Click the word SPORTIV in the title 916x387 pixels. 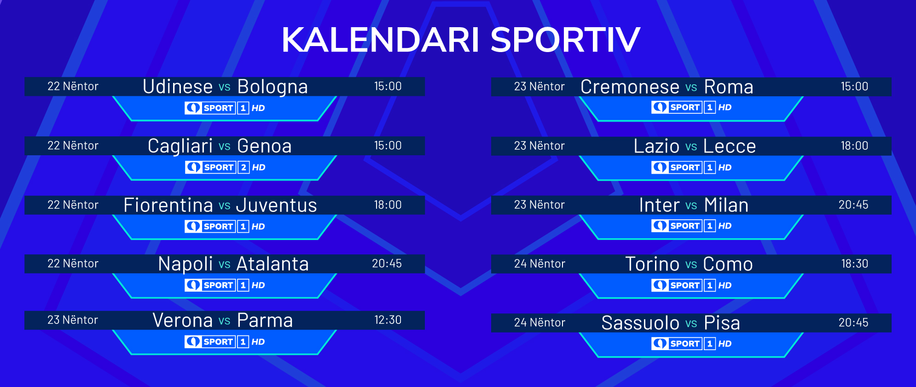click(x=565, y=40)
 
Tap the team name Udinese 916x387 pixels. click(x=178, y=87)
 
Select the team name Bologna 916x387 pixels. click(x=272, y=87)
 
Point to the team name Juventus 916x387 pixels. click(x=277, y=205)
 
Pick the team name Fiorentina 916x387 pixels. click(x=168, y=205)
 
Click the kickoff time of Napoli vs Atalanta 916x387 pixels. click(x=387, y=264)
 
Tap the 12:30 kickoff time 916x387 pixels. click(x=388, y=320)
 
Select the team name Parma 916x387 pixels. click(x=265, y=320)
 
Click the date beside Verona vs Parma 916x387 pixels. click(x=73, y=320)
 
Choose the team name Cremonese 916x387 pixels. click(x=630, y=87)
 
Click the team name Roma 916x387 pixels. click(x=729, y=87)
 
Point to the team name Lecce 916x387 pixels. click(x=730, y=146)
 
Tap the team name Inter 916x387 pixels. click(x=660, y=205)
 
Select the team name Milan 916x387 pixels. click(x=726, y=205)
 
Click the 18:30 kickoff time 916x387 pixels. click(x=855, y=264)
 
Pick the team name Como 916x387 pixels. click(x=728, y=264)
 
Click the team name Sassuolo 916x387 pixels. click(x=640, y=323)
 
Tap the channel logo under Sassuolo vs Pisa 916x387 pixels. click(x=691, y=344)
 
